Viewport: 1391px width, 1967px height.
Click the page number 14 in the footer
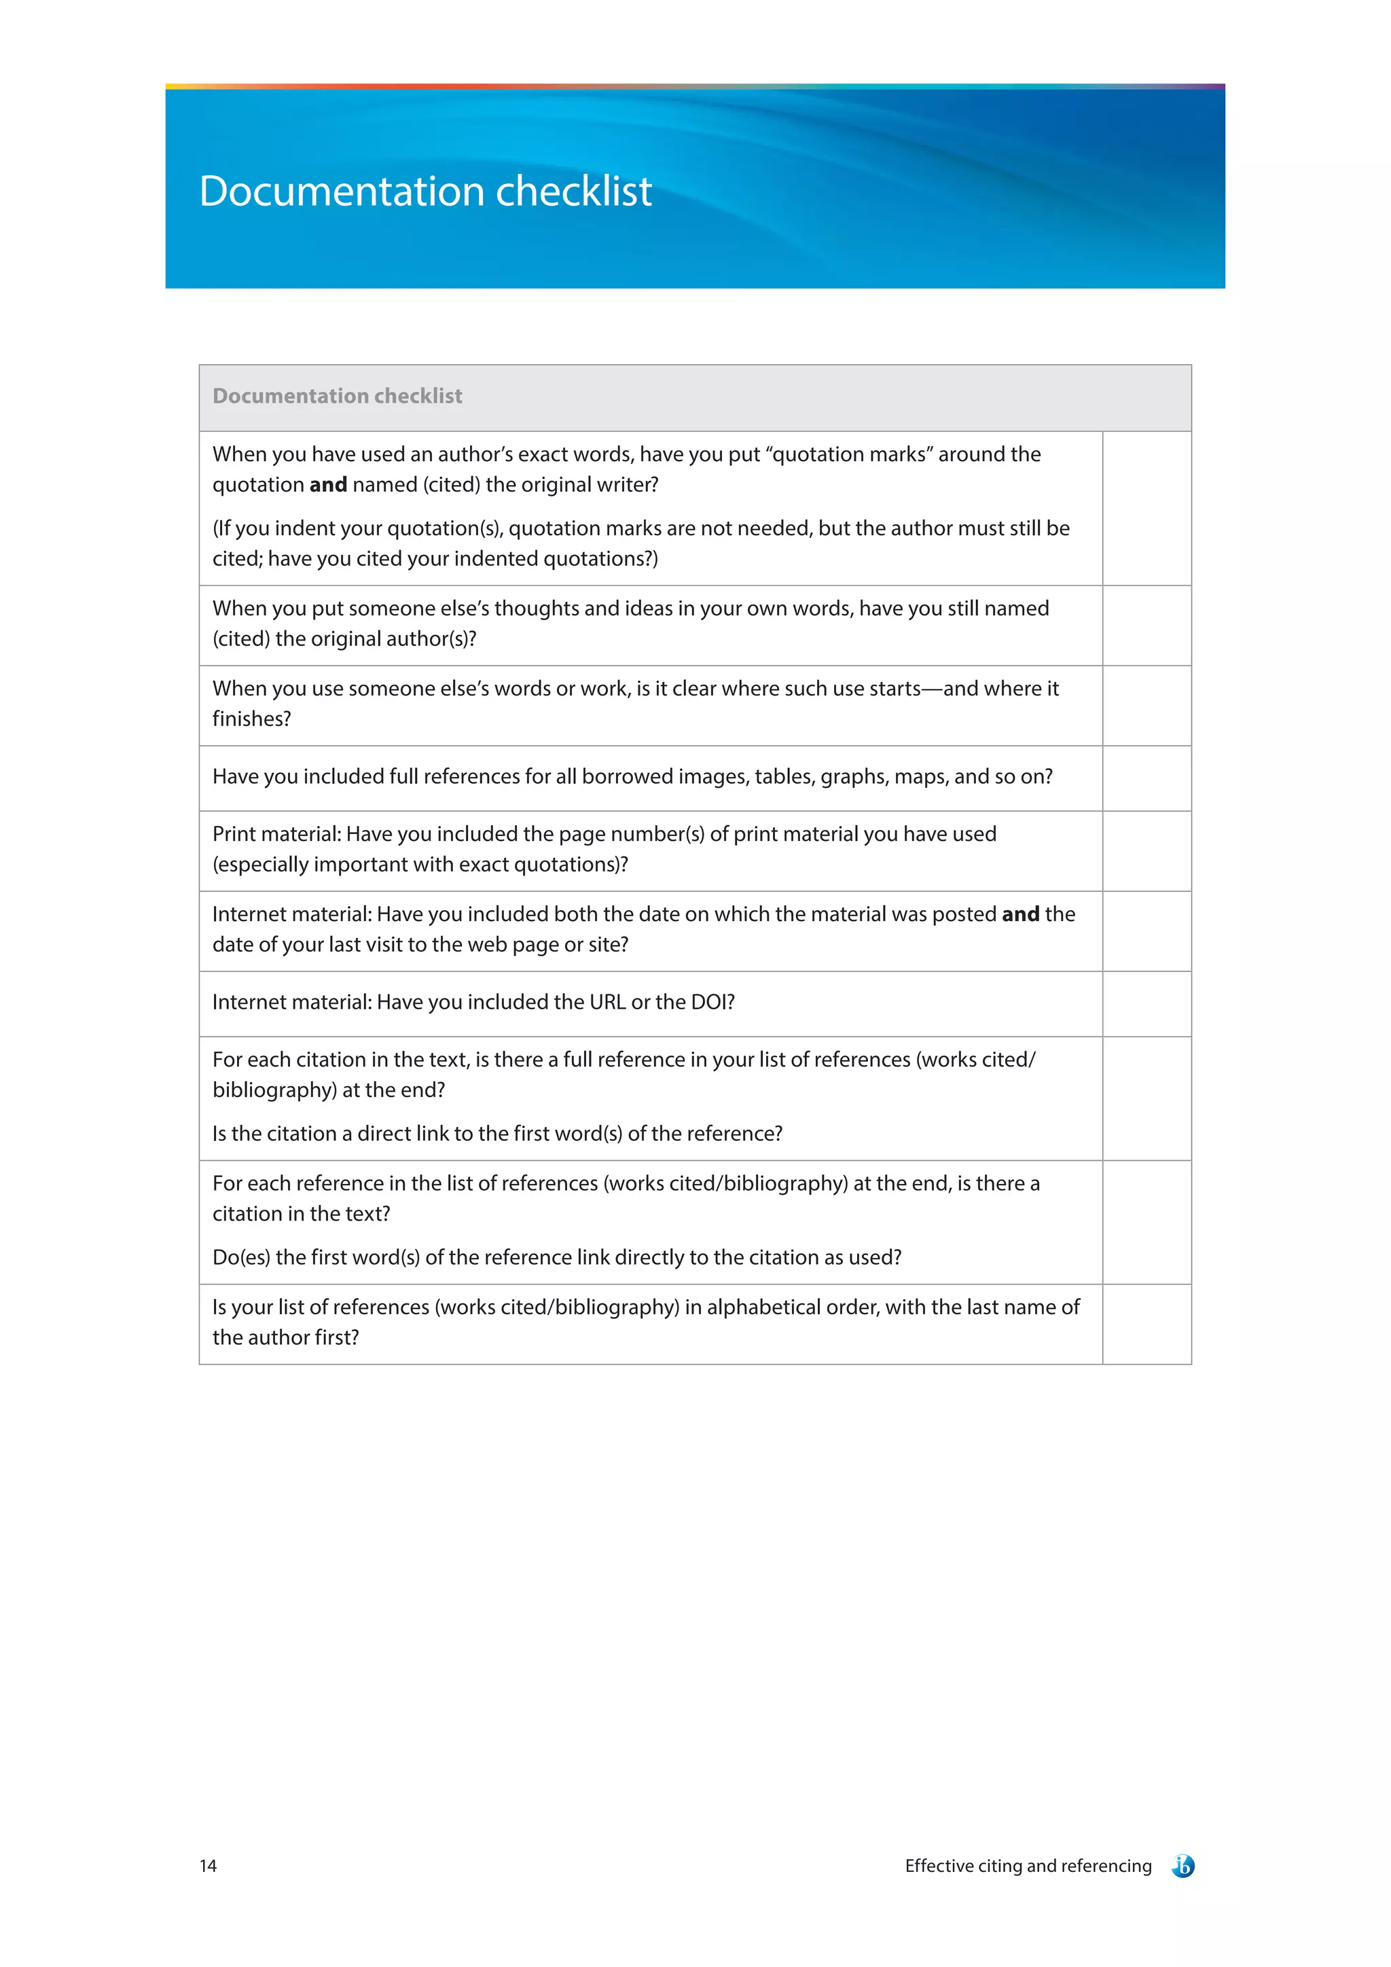208,1866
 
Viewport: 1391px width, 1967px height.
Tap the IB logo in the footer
1183,1866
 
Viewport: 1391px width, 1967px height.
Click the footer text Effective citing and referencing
1028,1866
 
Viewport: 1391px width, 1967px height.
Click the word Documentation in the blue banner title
342,191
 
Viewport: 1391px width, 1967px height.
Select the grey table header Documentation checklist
338,396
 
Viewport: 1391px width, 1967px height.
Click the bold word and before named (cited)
328,485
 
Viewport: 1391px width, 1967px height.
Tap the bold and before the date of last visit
1020,914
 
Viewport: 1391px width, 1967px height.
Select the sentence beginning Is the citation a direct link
496,1134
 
